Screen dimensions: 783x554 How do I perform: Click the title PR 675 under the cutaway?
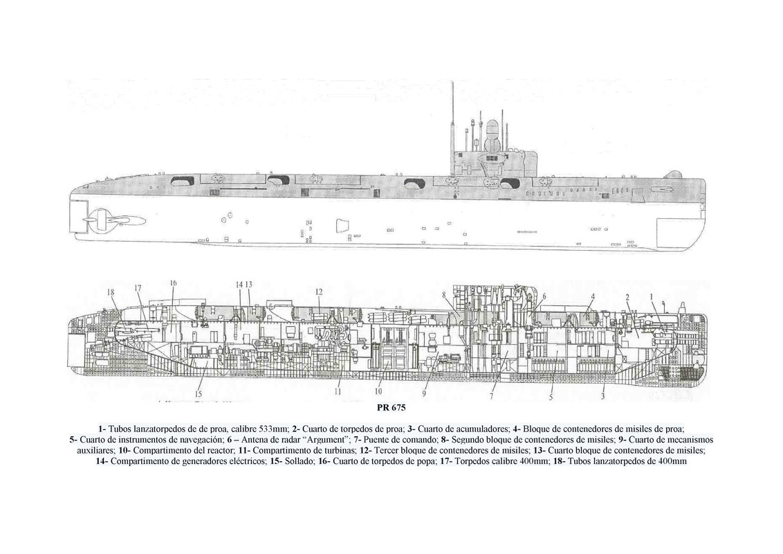391,408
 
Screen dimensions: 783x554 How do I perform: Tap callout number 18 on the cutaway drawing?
110,292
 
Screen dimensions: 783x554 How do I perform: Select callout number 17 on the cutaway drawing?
138,288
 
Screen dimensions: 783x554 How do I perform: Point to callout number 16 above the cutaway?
173,283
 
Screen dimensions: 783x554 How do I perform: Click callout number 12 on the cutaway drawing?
319,292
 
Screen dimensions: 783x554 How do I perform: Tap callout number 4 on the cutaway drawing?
592,296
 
